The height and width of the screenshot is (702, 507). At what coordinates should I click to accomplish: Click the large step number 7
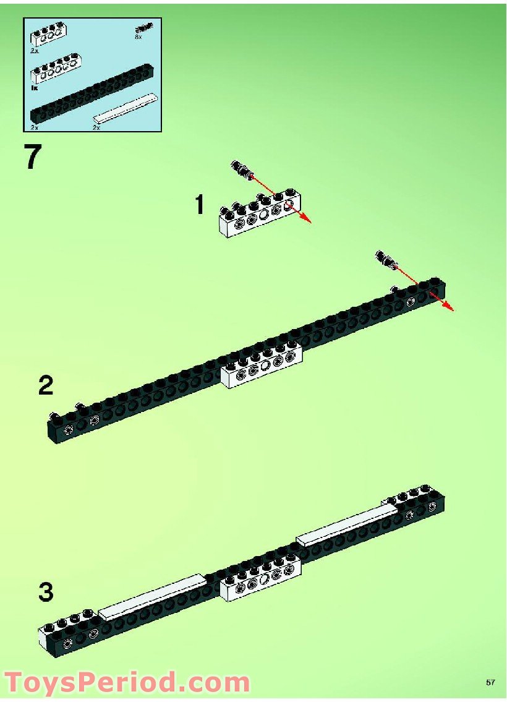pyautogui.click(x=33, y=156)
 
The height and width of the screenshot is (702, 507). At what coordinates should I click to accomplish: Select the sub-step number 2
pyautogui.click(x=46, y=385)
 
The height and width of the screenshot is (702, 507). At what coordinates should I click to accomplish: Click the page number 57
pyautogui.click(x=490, y=682)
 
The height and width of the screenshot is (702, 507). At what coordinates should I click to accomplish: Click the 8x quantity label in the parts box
pyautogui.click(x=138, y=37)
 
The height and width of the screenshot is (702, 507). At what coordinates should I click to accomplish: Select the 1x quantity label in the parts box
pyautogui.click(x=35, y=88)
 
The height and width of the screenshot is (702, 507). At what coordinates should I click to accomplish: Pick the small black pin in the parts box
pyautogui.click(x=141, y=28)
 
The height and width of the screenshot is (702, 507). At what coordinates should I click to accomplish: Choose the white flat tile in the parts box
pyautogui.click(x=126, y=108)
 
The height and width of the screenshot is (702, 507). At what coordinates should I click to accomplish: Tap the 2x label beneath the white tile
pyautogui.click(x=96, y=127)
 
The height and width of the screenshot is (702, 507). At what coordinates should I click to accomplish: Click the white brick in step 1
pyautogui.click(x=260, y=213)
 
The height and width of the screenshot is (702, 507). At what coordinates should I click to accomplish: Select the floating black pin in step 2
pyautogui.click(x=386, y=259)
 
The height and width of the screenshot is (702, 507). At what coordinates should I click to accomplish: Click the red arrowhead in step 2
pyautogui.click(x=448, y=306)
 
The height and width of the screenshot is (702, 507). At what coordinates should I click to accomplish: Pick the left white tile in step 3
pyautogui.click(x=151, y=596)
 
